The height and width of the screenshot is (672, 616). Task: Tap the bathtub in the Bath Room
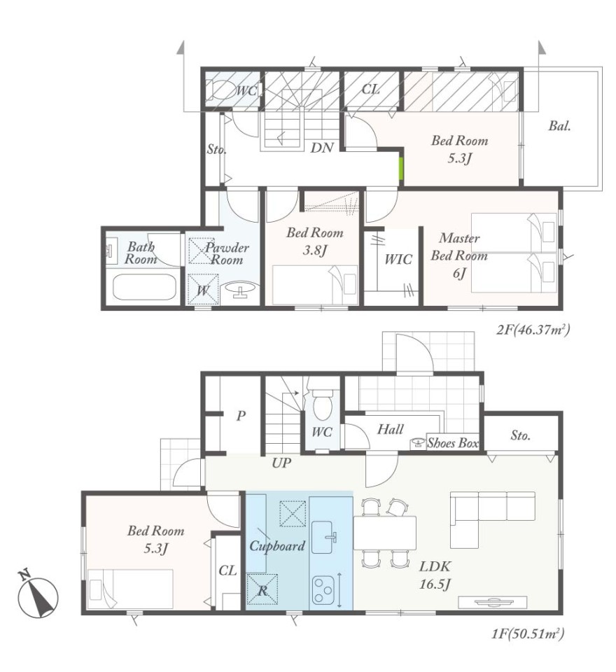point(145,287)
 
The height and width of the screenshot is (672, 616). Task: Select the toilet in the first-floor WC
point(321,404)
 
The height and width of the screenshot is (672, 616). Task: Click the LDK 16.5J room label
point(435,575)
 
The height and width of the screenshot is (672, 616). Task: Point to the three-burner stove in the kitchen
point(323,589)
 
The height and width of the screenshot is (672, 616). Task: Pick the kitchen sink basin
point(323,537)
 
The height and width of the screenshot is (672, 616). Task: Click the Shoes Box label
point(453,442)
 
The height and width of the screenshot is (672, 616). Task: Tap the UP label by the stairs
point(281,463)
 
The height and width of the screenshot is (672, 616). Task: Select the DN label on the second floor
point(322,148)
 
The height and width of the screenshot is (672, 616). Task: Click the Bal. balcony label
point(559,126)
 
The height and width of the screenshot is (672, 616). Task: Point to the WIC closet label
point(398,259)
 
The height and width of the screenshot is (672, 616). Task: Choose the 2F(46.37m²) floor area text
point(533,330)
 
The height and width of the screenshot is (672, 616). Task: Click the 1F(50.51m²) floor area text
point(528,633)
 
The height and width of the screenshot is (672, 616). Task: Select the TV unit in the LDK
point(493,602)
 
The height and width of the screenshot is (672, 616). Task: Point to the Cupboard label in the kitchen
point(277,546)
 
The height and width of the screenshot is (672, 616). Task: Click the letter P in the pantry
point(241,415)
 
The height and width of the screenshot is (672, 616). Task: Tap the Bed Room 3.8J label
point(314,241)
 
